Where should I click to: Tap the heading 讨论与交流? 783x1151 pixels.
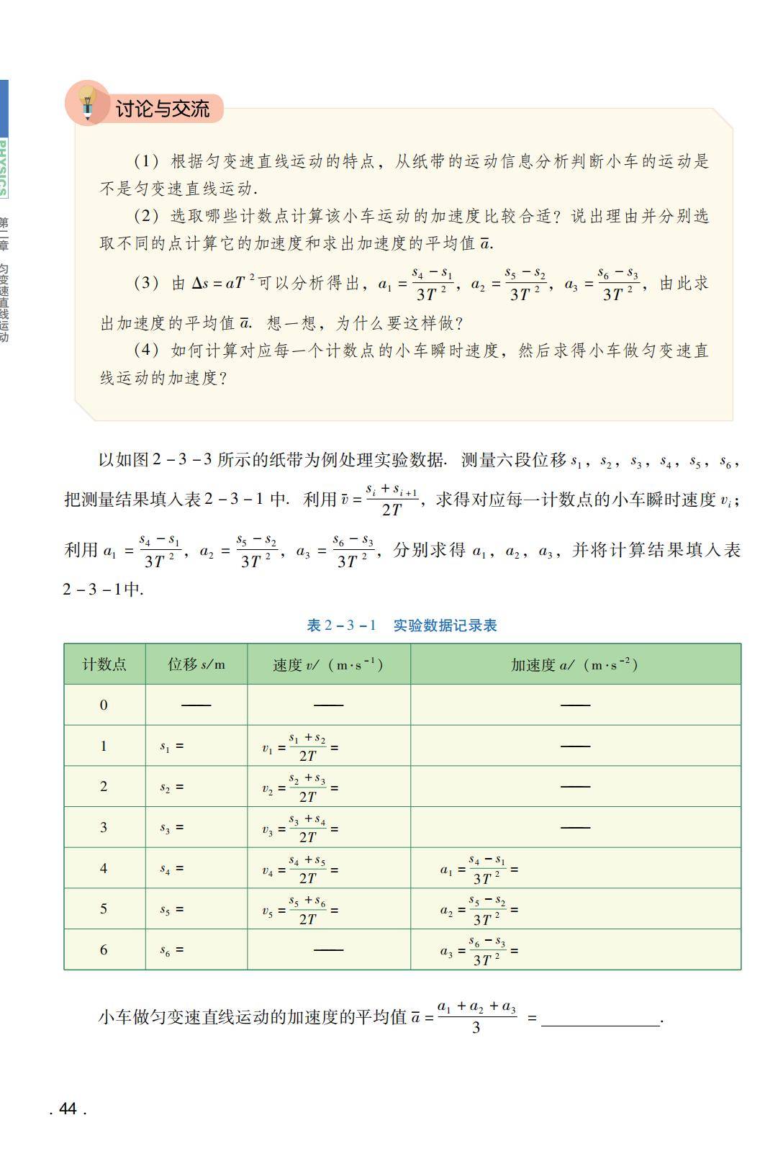click(x=163, y=109)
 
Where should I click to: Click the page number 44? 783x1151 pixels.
click(x=68, y=1109)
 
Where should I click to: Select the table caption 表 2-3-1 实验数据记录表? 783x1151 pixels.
click(x=402, y=625)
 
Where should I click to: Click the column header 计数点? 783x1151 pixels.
click(x=104, y=664)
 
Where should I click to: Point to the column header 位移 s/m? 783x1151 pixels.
click(x=196, y=664)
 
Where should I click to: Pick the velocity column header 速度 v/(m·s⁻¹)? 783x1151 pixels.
click(x=328, y=664)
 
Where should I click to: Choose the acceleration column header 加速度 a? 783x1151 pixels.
click(x=575, y=664)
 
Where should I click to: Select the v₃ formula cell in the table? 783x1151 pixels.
click(x=300, y=828)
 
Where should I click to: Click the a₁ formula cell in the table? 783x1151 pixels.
click(x=479, y=869)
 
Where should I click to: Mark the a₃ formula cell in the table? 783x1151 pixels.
click(x=479, y=950)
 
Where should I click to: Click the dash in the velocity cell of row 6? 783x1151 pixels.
click(x=328, y=950)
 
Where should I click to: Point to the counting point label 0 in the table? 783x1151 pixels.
click(x=104, y=705)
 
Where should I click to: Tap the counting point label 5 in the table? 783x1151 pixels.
click(x=104, y=909)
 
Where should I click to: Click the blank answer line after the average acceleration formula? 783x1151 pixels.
click(x=600, y=1019)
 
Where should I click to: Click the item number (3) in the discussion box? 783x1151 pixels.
click(x=146, y=283)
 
